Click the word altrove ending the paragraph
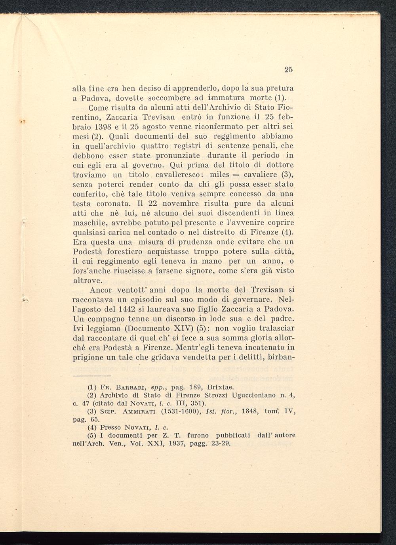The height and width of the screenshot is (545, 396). point(88,280)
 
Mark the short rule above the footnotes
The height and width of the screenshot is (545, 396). point(93,375)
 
